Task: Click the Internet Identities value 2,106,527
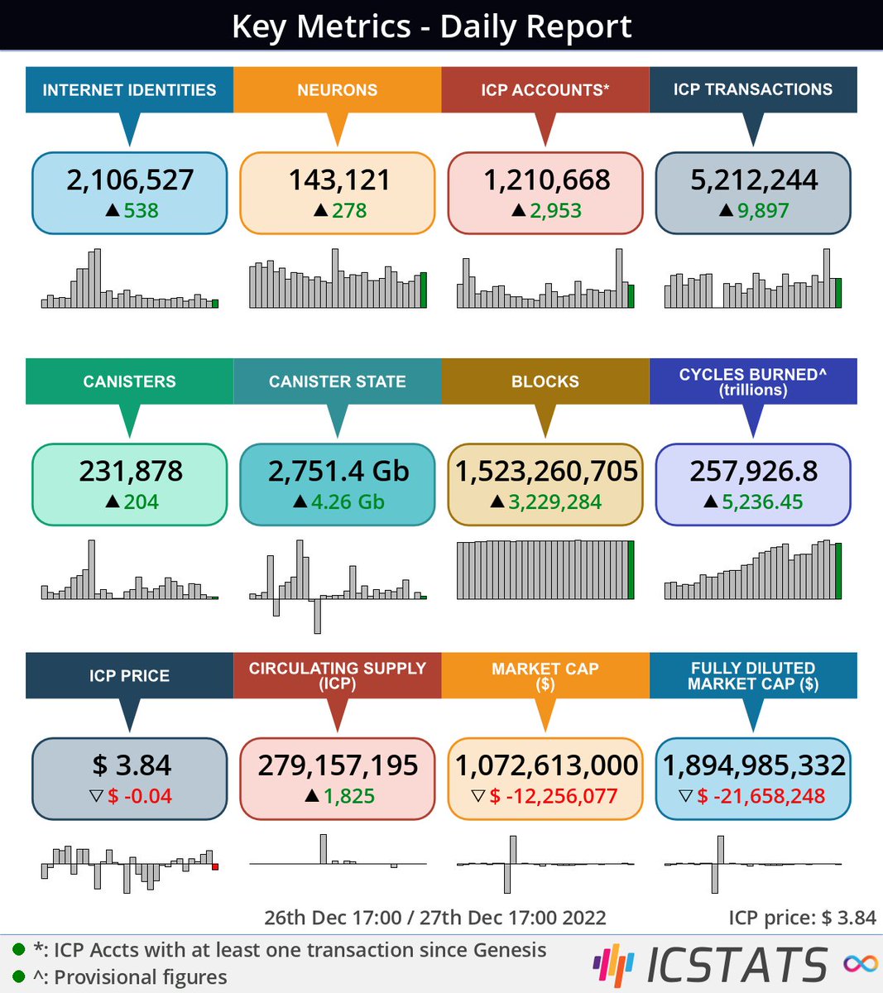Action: [130, 180]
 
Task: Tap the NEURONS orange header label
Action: [337, 90]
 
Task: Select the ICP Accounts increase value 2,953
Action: [555, 211]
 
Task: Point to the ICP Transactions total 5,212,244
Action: [753, 180]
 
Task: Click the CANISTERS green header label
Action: [129, 381]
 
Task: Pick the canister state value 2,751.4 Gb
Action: [338, 471]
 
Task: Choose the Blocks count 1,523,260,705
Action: [545, 471]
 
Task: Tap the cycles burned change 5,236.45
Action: [762, 502]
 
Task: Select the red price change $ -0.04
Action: [140, 797]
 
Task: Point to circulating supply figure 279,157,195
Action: [338, 765]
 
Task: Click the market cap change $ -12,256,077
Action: [554, 797]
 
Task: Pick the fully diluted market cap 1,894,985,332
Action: [753, 765]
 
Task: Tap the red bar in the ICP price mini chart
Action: [215, 866]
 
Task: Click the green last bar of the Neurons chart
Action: [424, 290]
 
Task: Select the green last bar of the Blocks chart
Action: [631, 570]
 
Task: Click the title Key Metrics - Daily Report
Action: [431, 26]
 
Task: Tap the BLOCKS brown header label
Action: [545, 381]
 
